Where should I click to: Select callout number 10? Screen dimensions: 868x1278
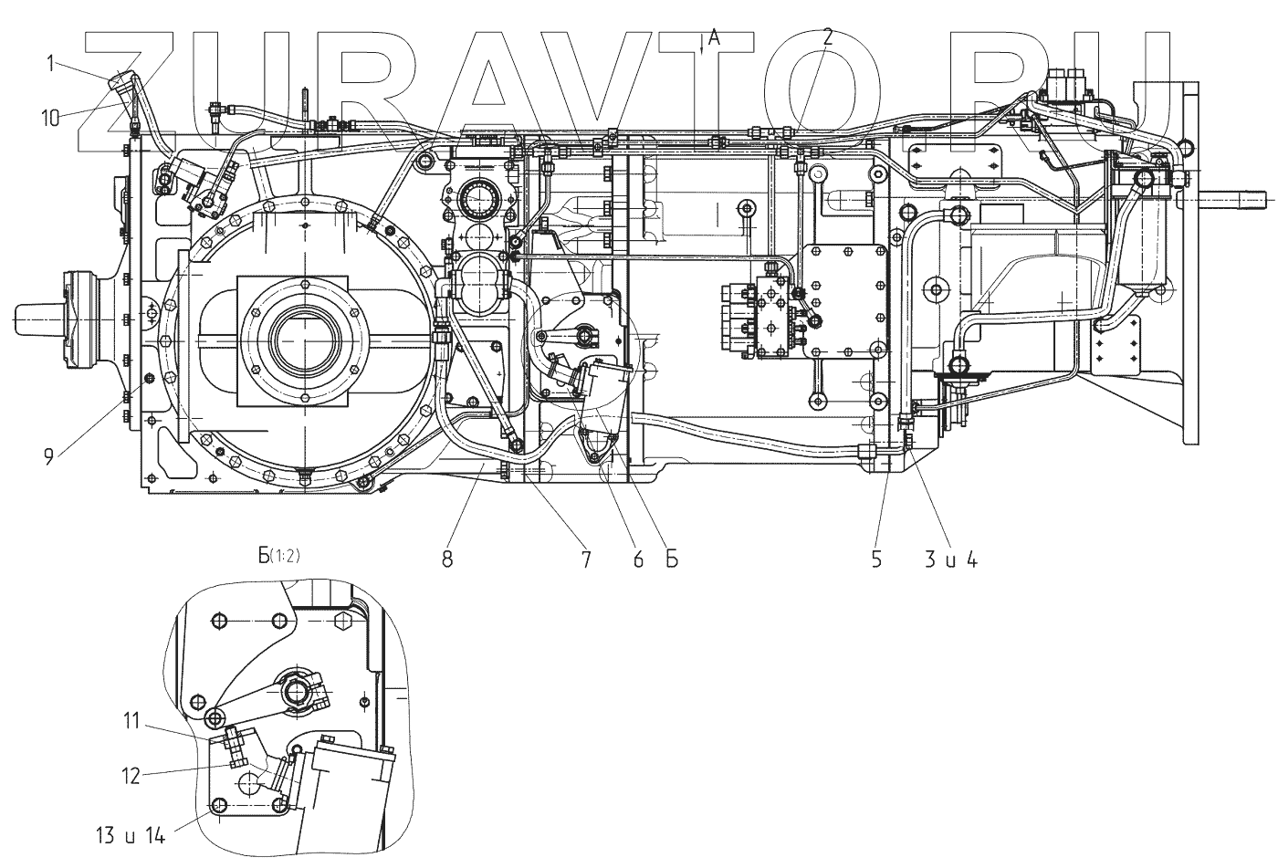point(52,116)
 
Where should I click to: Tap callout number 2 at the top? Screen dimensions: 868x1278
point(827,37)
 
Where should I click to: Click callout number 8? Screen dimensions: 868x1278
point(447,559)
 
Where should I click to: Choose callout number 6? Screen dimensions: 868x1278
point(637,559)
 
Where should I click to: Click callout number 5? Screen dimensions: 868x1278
point(875,559)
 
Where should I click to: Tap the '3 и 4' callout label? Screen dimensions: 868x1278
point(951,559)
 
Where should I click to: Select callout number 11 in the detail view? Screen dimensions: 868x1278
point(132,721)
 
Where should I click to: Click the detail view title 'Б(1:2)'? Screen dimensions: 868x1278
point(279,581)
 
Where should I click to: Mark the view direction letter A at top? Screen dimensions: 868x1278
point(714,37)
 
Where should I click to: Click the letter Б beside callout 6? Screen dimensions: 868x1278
point(671,559)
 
